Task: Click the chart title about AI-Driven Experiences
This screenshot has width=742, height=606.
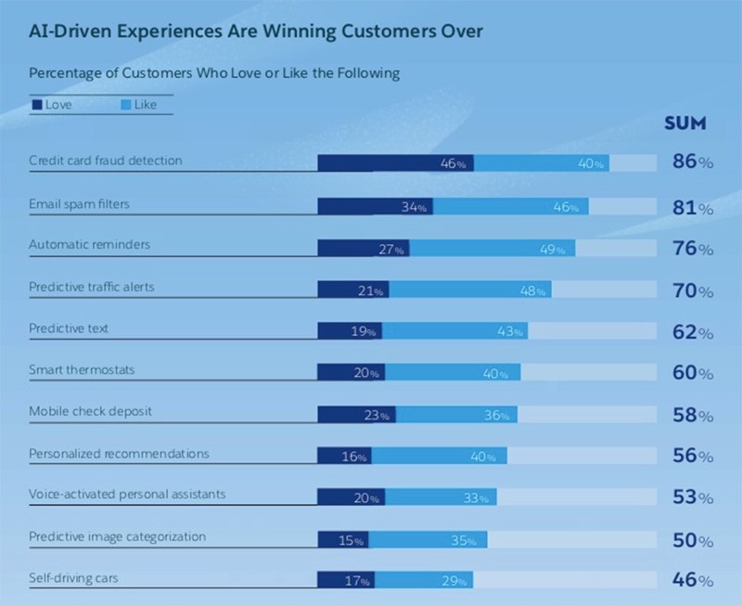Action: (x=256, y=32)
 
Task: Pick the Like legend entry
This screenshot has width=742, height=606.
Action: (x=139, y=105)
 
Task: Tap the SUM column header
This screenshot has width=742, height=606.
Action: (x=685, y=123)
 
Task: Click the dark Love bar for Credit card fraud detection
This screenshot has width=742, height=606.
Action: (x=395, y=163)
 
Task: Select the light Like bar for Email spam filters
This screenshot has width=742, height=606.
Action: (x=510, y=206)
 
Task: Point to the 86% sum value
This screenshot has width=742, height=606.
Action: (x=693, y=163)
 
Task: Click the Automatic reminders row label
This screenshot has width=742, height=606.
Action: (x=89, y=245)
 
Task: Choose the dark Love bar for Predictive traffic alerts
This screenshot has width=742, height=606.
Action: (x=352, y=290)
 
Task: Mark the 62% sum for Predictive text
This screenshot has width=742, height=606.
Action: (x=693, y=332)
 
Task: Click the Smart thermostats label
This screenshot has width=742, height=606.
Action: (x=82, y=370)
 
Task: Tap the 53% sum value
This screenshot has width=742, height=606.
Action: (x=693, y=497)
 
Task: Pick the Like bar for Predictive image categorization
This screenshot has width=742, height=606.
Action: (x=428, y=540)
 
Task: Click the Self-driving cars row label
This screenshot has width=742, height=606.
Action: (x=73, y=579)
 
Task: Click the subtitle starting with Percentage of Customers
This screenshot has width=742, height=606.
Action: (x=214, y=72)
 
